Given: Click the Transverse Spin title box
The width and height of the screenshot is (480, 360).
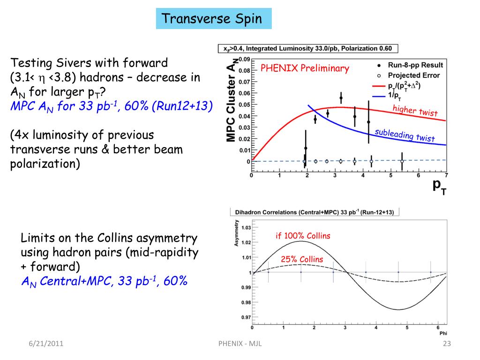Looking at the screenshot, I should [x=214, y=19].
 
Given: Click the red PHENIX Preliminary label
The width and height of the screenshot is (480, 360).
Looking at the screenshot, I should [x=305, y=68].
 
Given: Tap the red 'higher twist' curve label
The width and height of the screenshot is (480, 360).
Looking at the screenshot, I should [x=415, y=111].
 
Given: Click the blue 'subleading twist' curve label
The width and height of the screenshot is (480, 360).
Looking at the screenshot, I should [x=405, y=135].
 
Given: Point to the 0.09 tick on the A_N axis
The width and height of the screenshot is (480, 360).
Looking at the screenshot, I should [x=244, y=59].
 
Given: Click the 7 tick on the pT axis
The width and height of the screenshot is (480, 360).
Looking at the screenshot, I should [x=446, y=176].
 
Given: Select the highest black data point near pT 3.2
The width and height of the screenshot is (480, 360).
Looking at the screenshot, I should [x=341, y=98].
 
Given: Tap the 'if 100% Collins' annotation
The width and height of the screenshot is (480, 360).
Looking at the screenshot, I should [x=303, y=236].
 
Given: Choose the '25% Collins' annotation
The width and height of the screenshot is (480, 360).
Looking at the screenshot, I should [x=302, y=259].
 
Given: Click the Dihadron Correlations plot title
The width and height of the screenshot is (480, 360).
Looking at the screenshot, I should [x=314, y=212].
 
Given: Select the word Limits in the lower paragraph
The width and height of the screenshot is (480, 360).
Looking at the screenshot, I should [x=36, y=238].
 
